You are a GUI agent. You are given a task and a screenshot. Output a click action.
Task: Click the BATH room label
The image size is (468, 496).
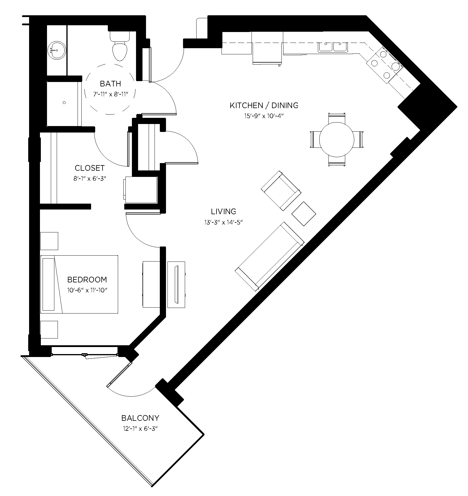110,84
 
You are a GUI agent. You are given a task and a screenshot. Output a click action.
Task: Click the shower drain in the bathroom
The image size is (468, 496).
64,103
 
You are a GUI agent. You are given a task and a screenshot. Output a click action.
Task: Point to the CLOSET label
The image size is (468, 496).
90,168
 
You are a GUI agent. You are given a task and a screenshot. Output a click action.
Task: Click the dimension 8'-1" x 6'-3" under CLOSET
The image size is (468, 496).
90,179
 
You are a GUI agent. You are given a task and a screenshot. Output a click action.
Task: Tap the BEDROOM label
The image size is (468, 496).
87,279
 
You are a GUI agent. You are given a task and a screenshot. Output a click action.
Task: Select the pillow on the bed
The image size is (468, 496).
49,284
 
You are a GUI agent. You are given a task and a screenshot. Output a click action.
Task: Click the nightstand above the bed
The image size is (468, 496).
49,241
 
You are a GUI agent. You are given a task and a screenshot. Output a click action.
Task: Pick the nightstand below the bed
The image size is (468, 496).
49,329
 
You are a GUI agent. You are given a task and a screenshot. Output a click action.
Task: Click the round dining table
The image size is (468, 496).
336,140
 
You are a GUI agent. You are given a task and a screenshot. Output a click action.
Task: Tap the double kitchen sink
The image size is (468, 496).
333,47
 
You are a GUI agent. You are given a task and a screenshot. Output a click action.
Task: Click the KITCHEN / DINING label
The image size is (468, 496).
264,105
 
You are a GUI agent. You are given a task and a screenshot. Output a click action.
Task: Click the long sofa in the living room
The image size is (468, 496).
270,256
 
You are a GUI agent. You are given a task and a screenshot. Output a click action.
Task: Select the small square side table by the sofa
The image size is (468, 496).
304,213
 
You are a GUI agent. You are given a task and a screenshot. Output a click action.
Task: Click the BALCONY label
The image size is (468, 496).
140,418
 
